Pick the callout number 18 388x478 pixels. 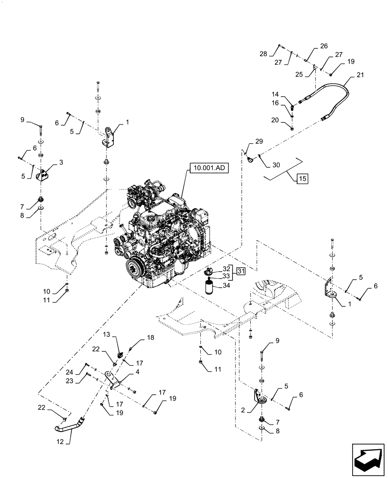coord(151,338)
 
